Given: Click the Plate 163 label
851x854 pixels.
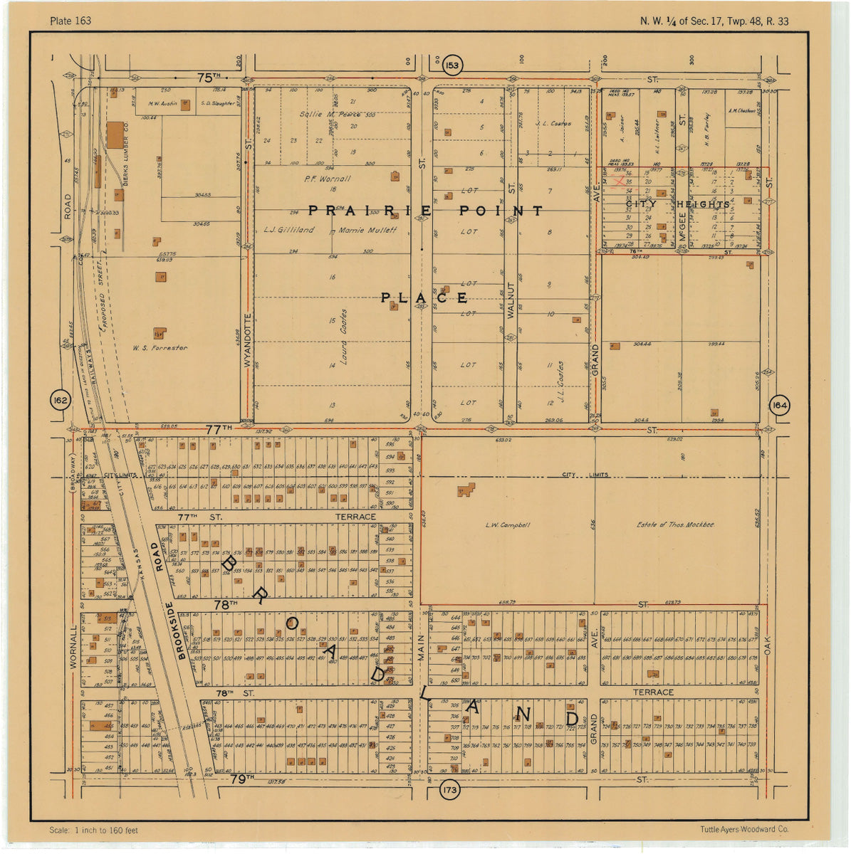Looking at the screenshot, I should click(71, 21).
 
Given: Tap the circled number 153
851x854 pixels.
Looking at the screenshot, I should click(452, 65).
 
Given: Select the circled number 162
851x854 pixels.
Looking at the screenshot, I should click(61, 401).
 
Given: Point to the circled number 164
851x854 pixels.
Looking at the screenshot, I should click(779, 406).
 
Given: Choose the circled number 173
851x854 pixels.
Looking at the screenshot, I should click(449, 791).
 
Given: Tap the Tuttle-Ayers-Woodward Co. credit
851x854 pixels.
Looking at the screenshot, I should click(744, 829).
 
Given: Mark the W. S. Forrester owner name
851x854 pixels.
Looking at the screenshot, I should click(160, 348).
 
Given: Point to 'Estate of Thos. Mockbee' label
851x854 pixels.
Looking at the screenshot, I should click(675, 524).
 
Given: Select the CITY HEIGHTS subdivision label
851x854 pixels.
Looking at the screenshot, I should click(677, 205).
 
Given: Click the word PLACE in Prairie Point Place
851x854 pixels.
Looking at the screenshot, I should click(424, 297).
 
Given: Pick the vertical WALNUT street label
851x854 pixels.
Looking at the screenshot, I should click(511, 309).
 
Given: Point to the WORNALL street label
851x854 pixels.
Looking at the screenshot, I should click(73, 647).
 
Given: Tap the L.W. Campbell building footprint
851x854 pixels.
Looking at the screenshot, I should click(466, 490).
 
